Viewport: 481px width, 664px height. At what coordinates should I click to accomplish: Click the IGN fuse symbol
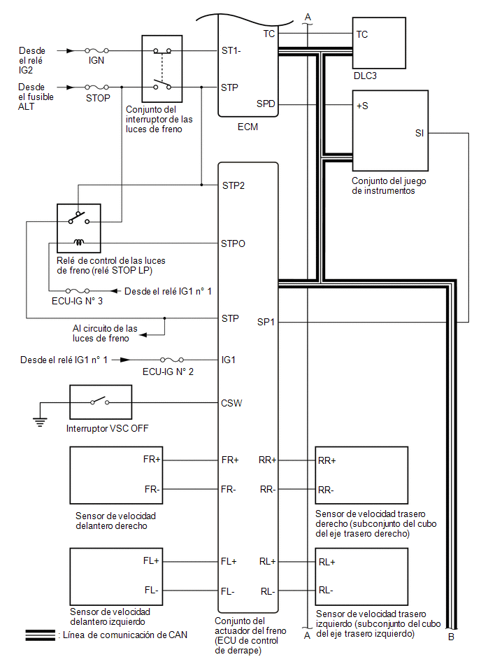tap(96, 50)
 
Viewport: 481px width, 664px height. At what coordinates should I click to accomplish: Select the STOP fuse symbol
tap(96, 87)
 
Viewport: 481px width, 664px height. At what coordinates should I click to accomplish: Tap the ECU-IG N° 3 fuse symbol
tap(78, 291)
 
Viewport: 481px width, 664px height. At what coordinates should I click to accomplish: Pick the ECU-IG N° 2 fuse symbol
tap(172, 360)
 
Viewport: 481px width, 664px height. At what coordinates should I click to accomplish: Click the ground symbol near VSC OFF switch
tap(40, 422)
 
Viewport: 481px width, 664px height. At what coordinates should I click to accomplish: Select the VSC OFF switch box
tap(101, 402)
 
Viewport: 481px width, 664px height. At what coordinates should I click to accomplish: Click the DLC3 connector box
tap(379, 43)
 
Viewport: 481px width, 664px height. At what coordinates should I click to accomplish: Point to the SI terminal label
tap(419, 134)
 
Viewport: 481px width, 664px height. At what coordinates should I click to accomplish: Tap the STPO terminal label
tap(233, 243)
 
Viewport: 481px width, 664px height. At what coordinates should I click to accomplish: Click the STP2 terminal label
tap(233, 185)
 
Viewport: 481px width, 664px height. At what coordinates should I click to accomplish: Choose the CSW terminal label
tap(231, 403)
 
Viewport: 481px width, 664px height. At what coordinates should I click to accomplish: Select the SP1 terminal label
tap(266, 323)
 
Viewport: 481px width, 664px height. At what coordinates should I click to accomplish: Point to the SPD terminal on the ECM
tap(266, 104)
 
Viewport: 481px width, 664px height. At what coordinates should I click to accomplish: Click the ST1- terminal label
tap(231, 51)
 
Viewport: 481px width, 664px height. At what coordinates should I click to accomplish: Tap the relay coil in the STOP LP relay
tap(79, 242)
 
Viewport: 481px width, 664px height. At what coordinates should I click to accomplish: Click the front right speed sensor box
tap(116, 475)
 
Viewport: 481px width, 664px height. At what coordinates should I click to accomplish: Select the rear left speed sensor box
tap(361, 577)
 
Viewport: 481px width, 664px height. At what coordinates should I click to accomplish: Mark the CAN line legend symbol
tap(40, 635)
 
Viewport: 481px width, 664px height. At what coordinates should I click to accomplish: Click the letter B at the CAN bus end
tap(452, 637)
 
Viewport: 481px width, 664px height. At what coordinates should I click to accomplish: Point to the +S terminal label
tap(362, 106)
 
